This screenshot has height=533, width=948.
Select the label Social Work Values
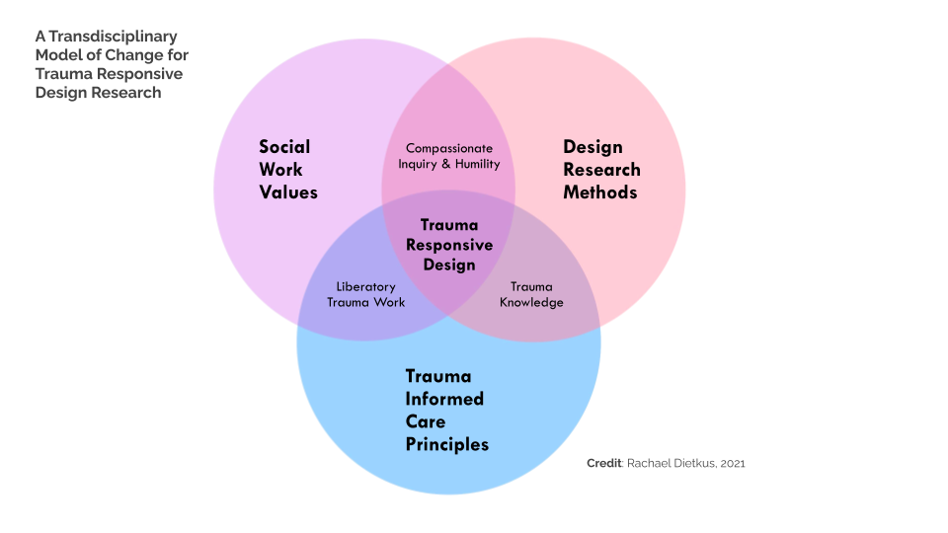287,169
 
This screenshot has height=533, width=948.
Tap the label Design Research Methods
601,169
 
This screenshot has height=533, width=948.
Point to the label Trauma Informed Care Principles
446,410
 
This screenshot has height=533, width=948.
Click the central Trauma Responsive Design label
449,244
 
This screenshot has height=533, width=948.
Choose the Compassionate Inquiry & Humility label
448,156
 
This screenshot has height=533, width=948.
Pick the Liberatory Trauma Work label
365,294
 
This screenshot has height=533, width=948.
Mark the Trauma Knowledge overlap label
531,294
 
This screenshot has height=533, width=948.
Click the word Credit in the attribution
602,463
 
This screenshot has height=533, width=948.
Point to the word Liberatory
365,286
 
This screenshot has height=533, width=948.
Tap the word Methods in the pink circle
599,192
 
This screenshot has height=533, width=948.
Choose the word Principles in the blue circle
446,444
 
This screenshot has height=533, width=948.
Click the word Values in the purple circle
288,192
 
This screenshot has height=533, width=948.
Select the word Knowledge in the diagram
531,302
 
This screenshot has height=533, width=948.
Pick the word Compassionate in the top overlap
449,148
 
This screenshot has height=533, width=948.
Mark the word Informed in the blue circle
444,399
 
